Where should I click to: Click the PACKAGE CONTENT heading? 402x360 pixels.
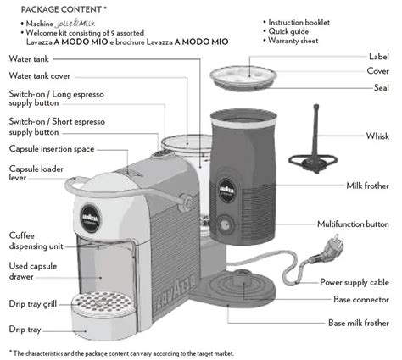[x=58, y=8]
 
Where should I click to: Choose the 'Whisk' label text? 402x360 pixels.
[x=377, y=136]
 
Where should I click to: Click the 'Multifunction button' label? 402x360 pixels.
[x=354, y=224]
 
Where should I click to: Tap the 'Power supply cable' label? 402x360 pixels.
[x=355, y=281]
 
